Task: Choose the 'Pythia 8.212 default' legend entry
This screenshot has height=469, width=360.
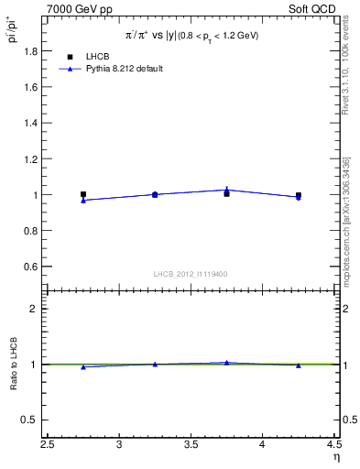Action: click(x=126, y=69)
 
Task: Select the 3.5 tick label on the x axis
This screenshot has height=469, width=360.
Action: click(x=191, y=446)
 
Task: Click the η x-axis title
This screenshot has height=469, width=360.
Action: click(x=335, y=458)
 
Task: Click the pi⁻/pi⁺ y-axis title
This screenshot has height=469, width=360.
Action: click(x=14, y=30)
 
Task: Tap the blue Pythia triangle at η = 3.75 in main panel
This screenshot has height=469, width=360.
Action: click(x=226, y=190)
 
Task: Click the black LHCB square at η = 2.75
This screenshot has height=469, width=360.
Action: click(x=83, y=194)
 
